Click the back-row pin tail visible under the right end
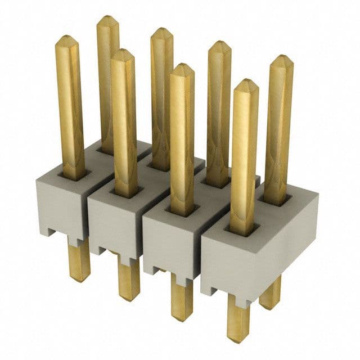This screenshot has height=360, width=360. [x=270, y=295]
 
